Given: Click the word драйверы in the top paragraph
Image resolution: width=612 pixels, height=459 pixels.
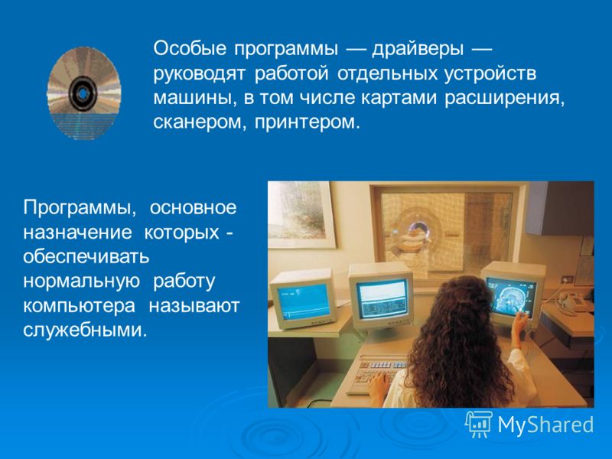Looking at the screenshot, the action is [x=418, y=50].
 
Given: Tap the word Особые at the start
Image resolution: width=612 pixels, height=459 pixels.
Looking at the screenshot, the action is [x=190, y=49].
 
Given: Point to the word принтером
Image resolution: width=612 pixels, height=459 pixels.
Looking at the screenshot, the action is [x=307, y=123].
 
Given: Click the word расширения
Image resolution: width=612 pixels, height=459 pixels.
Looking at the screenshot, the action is [x=505, y=99].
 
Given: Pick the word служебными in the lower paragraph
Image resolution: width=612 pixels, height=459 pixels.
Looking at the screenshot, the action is [x=86, y=330].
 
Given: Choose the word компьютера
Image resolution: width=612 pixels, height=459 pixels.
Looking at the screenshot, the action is [x=80, y=305].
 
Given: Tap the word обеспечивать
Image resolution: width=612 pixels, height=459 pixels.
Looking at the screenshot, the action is [x=86, y=257].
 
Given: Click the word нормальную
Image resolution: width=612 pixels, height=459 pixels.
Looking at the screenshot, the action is [x=81, y=282].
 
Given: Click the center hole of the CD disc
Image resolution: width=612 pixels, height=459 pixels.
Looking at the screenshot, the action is [x=83, y=93].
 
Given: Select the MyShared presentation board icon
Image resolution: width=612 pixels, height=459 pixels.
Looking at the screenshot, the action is [x=479, y=425].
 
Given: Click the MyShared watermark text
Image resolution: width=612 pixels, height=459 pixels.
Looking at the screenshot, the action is [x=545, y=425].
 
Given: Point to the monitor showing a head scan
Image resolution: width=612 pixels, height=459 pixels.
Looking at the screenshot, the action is [x=512, y=294].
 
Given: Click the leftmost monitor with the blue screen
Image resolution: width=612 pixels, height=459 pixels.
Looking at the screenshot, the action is [x=304, y=298].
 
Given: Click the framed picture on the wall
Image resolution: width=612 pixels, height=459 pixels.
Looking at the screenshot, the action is [x=301, y=214].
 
